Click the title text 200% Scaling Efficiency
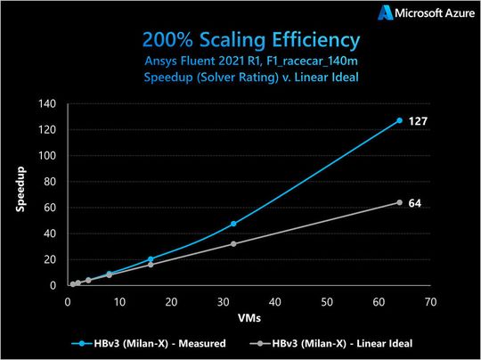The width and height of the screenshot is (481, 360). click(x=240, y=41)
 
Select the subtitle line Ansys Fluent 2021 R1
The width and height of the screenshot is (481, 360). click(x=240, y=61)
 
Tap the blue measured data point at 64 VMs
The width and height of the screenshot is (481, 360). click(x=399, y=120)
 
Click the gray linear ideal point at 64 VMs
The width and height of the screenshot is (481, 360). click(x=399, y=202)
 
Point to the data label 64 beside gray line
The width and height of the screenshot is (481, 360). click(x=414, y=203)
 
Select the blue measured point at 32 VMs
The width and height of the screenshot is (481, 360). click(x=233, y=224)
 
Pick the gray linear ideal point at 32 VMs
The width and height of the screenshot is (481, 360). click(x=233, y=243)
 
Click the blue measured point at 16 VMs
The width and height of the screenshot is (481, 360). click(x=151, y=259)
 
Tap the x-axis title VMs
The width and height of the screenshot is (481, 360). click(x=249, y=317)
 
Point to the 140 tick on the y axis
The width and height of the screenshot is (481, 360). click(x=49, y=104)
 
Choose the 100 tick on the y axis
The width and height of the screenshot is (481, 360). click(x=49, y=156)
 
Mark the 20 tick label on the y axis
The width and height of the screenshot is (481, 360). click(x=52, y=259)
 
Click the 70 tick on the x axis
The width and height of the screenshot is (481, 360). click(x=429, y=300)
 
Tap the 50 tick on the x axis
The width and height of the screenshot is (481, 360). click(x=326, y=300)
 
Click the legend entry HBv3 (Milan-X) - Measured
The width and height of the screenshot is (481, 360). click(x=156, y=343)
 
